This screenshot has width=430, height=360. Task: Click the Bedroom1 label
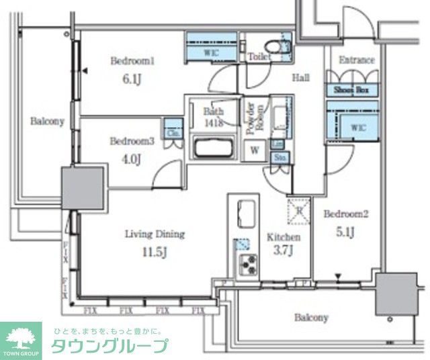point(132,61)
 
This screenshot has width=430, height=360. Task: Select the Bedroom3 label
point(132,141)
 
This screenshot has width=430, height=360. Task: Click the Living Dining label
point(155,234)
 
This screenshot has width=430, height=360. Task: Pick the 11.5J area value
point(155,253)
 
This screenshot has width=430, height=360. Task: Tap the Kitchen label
point(284,237)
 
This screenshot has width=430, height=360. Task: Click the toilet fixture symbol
point(273,46)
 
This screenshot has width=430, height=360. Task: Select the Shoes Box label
point(353,89)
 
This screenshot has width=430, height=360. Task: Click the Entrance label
point(356,60)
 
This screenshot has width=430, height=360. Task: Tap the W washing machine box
point(255,150)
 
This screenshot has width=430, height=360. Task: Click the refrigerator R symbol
point(298,210)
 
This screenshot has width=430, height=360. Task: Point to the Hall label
point(300,78)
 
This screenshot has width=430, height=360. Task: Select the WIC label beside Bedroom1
point(210,51)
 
